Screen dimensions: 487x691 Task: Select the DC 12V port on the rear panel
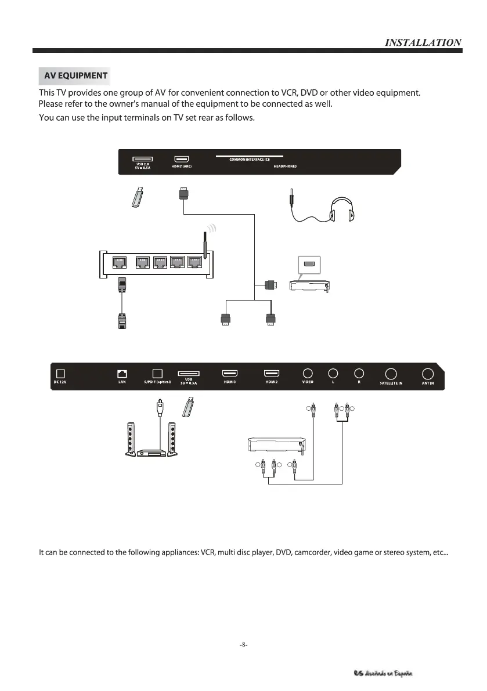(x=60, y=373)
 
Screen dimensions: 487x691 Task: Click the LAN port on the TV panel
(x=122, y=373)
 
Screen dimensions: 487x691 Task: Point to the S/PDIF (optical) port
(x=156, y=373)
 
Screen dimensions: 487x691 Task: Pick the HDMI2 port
(x=272, y=373)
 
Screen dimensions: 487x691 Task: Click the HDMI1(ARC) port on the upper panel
(x=182, y=158)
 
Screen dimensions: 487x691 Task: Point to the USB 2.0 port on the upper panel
(x=142, y=158)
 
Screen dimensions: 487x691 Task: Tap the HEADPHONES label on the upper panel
(x=285, y=167)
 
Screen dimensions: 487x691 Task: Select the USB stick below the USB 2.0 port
(x=138, y=198)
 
